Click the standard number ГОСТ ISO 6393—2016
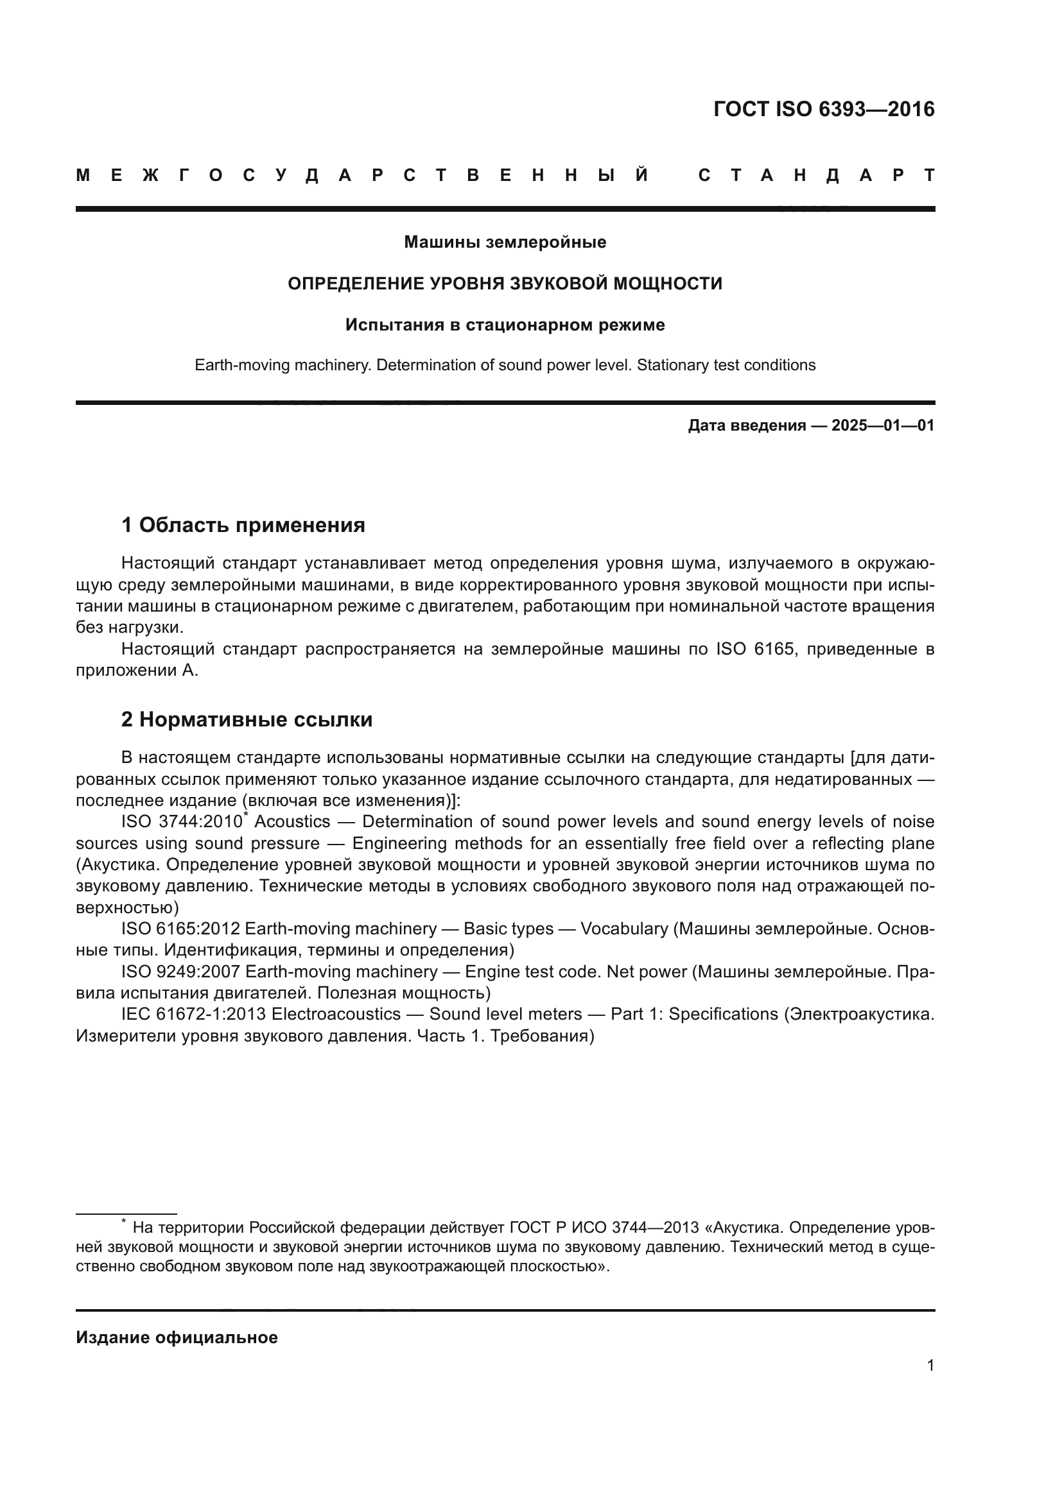823,109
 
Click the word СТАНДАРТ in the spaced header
816,175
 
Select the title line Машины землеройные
505,242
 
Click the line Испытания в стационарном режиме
505,325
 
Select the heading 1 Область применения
243,524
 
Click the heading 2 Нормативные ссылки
247,719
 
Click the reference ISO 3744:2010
181,822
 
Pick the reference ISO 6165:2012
180,929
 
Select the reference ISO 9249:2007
180,972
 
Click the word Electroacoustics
335,1014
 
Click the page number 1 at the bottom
930,1365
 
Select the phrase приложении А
136,671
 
